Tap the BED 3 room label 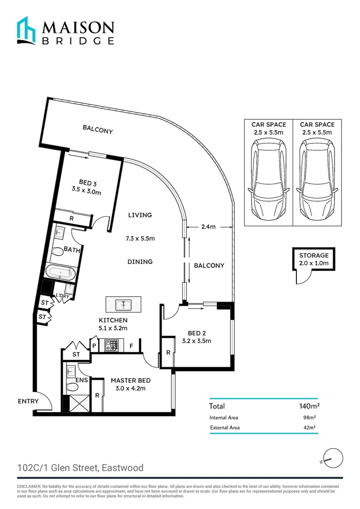[88, 183]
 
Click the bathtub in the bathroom [60, 272]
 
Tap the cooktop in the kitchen [112, 345]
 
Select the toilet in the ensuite [72, 387]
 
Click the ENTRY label [28, 402]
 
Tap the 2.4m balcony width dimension [208, 227]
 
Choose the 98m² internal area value [309, 418]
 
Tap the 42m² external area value [309, 428]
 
